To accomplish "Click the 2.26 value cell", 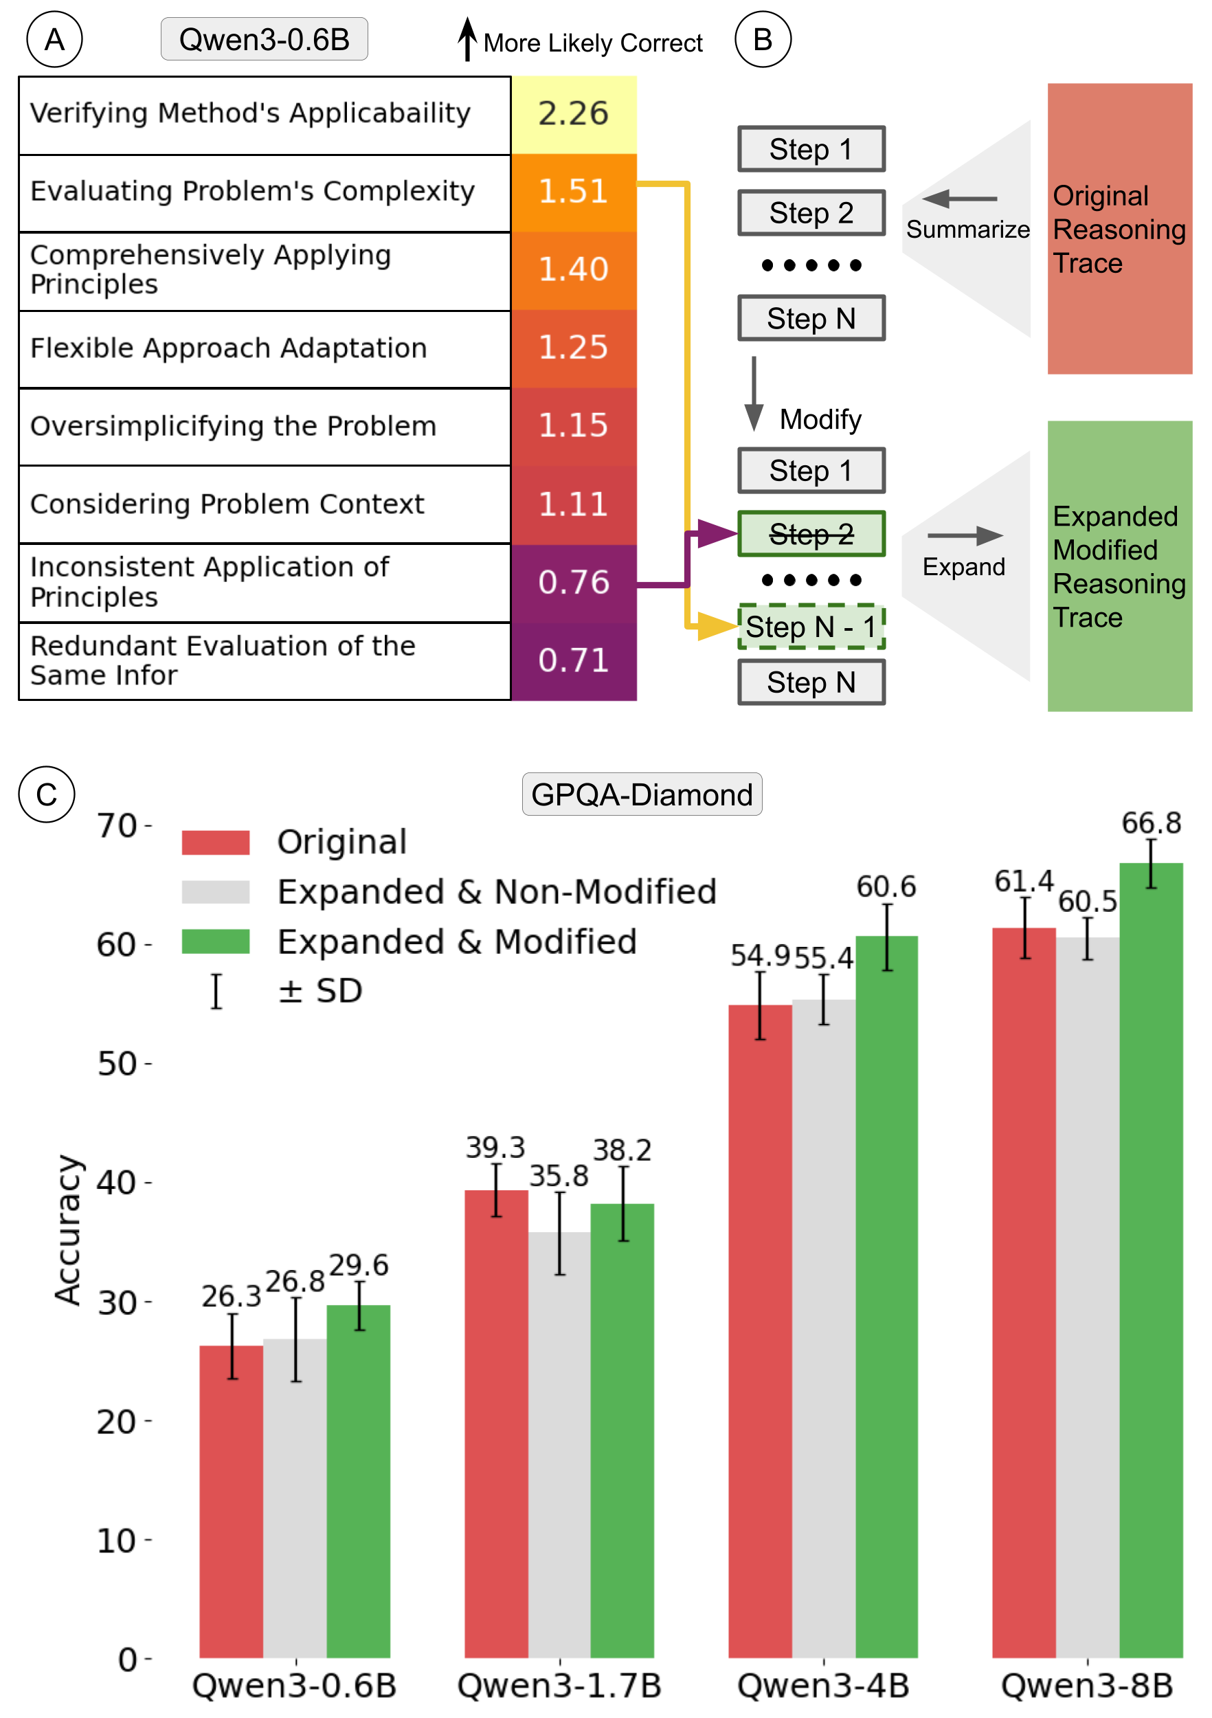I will click(573, 114).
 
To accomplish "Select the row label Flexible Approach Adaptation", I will click(228, 348).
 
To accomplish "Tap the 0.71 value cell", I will click(573, 660).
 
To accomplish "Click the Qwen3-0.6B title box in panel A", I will click(264, 39).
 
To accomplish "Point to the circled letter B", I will click(763, 39).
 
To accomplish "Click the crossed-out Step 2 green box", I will click(811, 533).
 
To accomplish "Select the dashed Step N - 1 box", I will click(811, 626).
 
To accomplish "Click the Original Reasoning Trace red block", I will click(1119, 228).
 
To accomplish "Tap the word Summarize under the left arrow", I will click(967, 230).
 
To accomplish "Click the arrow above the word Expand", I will click(965, 535).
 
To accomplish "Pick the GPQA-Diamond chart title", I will click(641, 794).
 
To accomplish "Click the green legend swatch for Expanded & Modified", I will click(216, 941).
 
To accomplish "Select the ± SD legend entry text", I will click(320, 991).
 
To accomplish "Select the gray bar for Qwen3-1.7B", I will click(559, 1444).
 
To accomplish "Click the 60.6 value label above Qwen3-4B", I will click(886, 886).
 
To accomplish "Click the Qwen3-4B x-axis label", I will click(823, 1686).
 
